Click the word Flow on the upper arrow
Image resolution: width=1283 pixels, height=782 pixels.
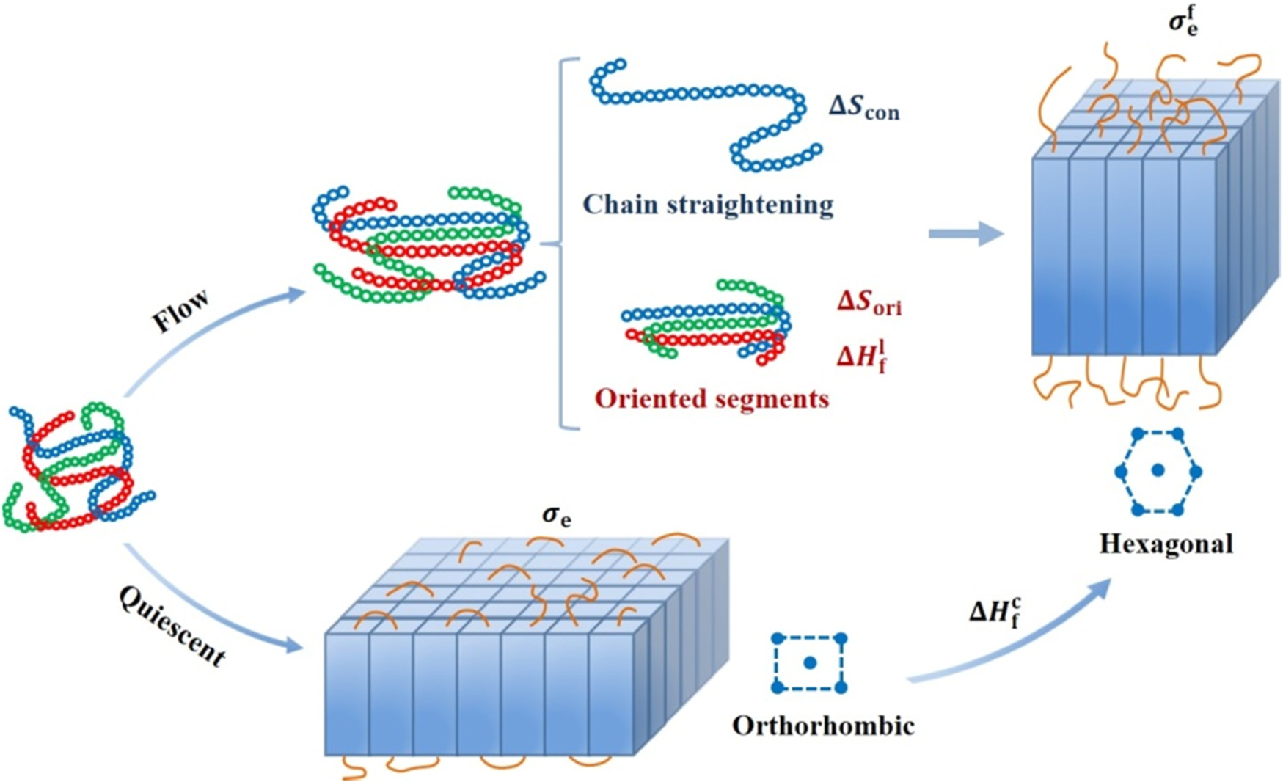[x=180, y=310]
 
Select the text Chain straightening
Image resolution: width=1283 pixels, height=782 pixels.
[x=708, y=205]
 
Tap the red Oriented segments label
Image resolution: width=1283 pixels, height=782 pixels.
[x=712, y=398]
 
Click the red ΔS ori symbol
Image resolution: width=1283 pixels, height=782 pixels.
[x=869, y=302]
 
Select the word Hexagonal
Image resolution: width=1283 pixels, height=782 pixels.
[x=1166, y=544]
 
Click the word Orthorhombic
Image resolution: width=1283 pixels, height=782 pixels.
[x=823, y=726]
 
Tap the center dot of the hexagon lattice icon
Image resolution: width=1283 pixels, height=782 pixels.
[x=1158, y=471]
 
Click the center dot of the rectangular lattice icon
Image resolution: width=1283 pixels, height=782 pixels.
[x=810, y=663]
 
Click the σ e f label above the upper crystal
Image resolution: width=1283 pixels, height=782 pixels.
[x=1183, y=22]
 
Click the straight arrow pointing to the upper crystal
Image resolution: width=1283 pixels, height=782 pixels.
[x=965, y=235]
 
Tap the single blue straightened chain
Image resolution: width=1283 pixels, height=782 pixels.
[x=704, y=110]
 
